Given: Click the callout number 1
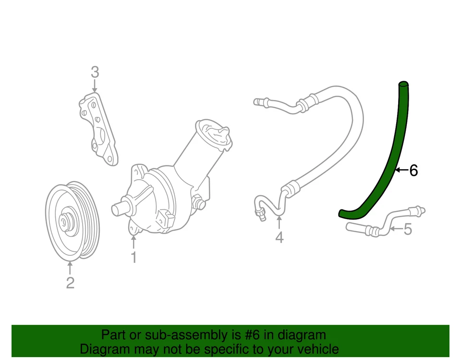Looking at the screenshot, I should [134, 258].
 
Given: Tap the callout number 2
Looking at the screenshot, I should [70, 283].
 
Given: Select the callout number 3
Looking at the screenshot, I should [95, 73].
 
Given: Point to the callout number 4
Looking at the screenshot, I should [279, 237].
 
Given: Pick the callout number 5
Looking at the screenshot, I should [408, 229].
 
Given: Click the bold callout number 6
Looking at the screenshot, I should [413, 170].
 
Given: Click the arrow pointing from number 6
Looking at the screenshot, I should [401, 170].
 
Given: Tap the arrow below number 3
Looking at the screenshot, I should [95, 87].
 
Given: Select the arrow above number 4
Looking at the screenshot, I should [279, 223].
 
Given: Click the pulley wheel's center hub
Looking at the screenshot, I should [63, 222].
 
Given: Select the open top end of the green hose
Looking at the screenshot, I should [404, 85].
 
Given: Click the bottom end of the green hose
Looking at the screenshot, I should [342, 213].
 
